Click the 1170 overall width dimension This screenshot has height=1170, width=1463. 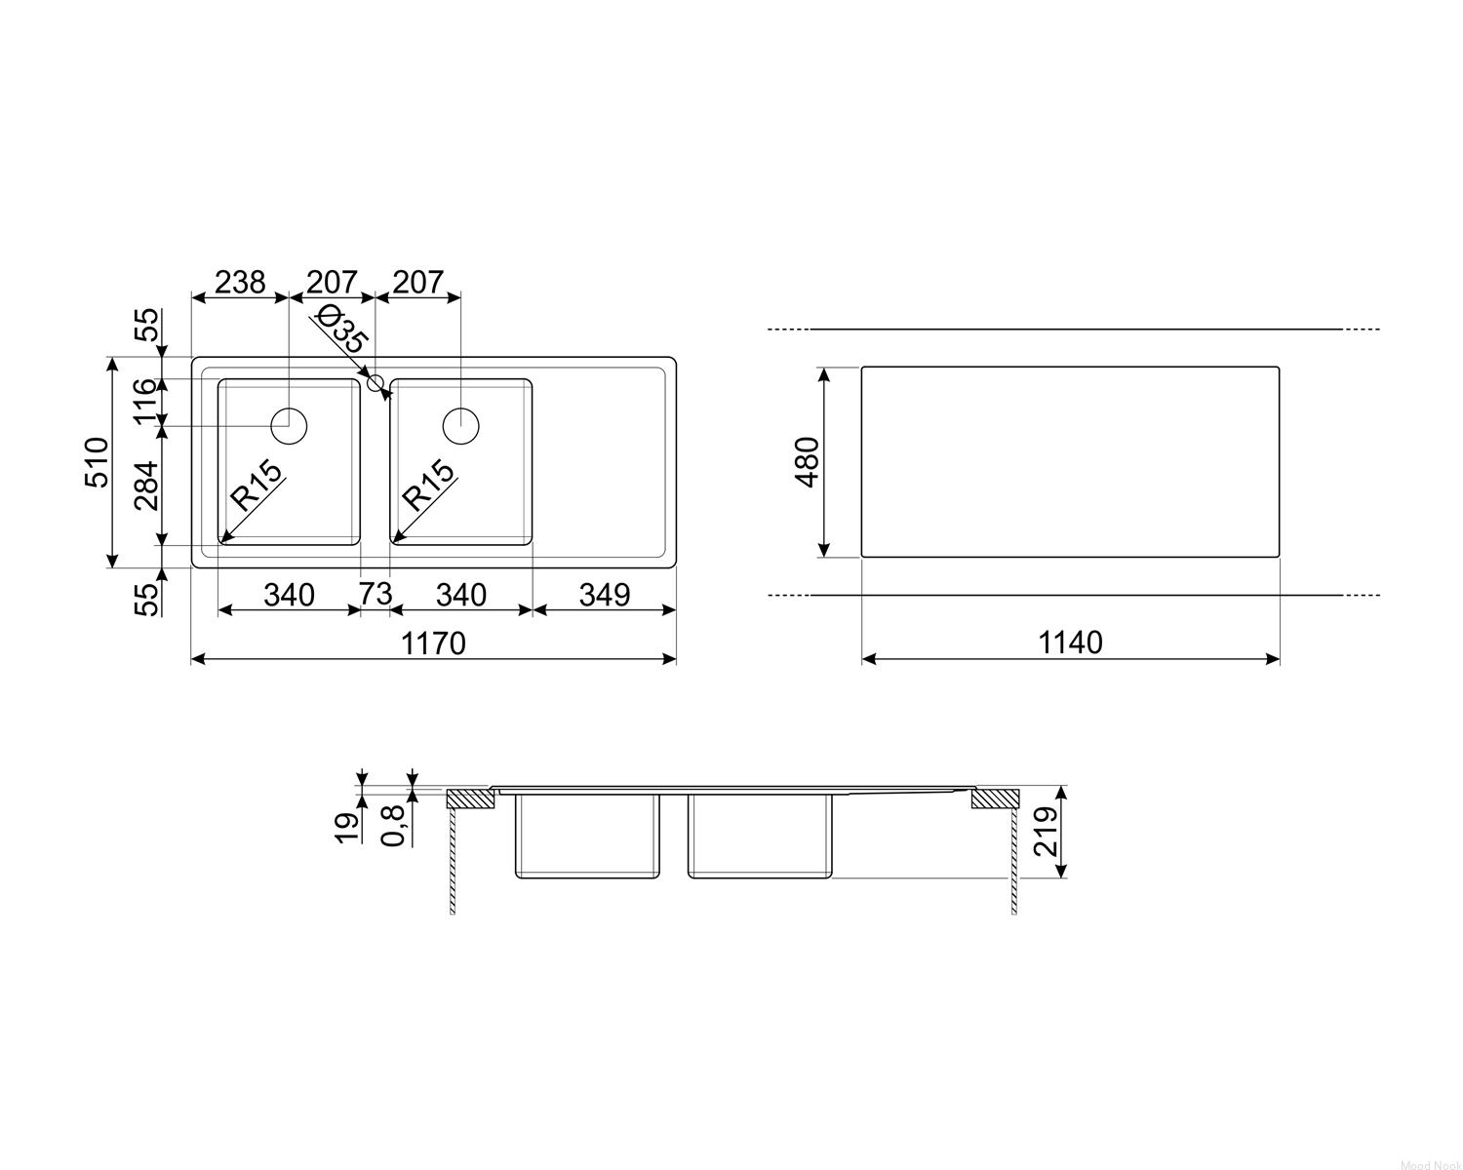433,643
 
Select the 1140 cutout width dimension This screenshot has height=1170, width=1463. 1070,643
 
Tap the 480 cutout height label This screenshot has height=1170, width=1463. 807,462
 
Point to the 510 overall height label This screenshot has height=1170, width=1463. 97,462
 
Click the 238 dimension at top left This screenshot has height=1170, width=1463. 240,282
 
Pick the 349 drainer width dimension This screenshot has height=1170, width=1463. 605,596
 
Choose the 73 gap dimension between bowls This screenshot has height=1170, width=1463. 376,594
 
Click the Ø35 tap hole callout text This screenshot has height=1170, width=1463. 343,330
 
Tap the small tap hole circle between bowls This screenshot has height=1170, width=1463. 376,383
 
